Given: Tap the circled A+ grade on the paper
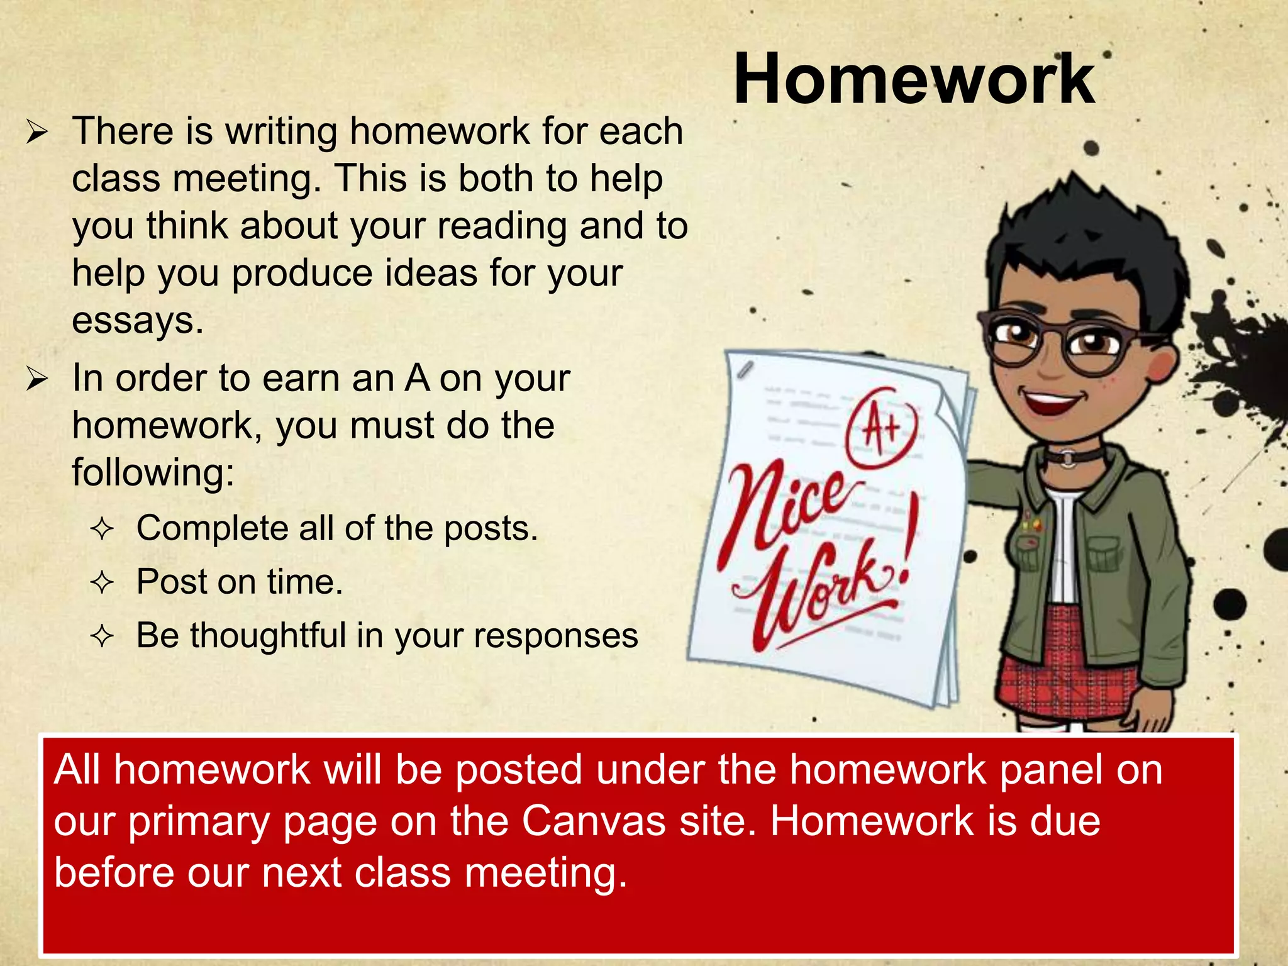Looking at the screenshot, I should [x=883, y=427].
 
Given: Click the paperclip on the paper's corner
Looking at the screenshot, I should [x=746, y=370].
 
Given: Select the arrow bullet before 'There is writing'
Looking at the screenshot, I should [x=37, y=133].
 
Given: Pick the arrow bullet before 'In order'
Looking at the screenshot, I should [x=37, y=379].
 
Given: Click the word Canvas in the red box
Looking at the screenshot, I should [x=593, y=821].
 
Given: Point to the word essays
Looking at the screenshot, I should [x=138, y=320].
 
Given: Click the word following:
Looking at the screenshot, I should [x=153, y=473].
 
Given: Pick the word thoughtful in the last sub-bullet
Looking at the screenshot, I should [x=269, y=635].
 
